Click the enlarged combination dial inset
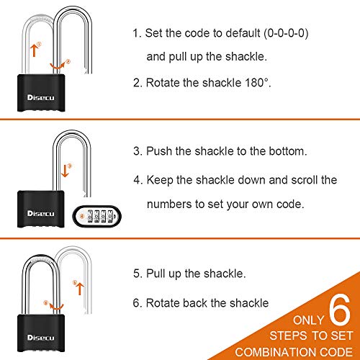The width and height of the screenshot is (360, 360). click(x=99, y=214)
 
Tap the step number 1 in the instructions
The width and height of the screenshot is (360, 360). click(x=135, y=33)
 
